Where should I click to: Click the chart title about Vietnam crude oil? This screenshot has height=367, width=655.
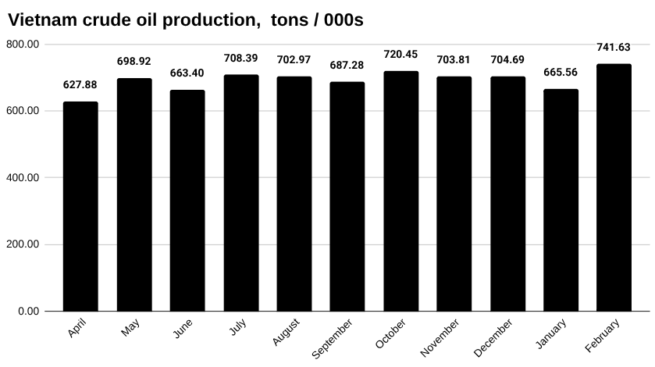coord(186,20)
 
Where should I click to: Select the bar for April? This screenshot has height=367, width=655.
coord(80,206)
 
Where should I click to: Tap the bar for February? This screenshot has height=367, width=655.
coord(614,187)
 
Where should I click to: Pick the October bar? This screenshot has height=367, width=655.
coord(400,191)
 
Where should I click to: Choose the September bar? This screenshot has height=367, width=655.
coord(347,197)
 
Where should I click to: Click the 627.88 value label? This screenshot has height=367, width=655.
coord(80,85)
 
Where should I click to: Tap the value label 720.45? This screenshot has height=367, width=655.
coord(400,55)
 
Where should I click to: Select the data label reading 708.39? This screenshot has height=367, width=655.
coord(240,58)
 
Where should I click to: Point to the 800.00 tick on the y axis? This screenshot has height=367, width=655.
coord(23,45)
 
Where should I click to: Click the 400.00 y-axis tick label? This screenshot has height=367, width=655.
coord(23,178)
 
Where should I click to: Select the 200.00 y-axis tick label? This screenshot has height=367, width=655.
coord(23,245)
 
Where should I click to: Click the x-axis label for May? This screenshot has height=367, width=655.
coord(131,329)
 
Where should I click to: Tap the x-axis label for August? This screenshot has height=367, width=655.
coord(286,333)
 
